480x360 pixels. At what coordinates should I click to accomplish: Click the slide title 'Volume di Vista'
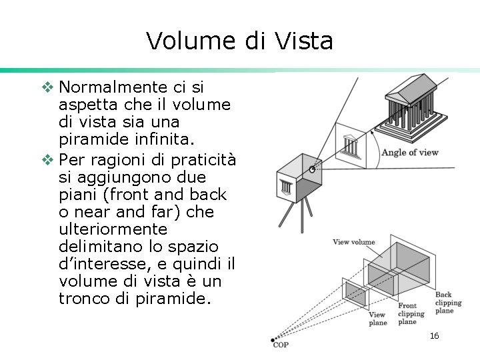pos(239,41)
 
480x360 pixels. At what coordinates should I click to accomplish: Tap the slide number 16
pos(434,336)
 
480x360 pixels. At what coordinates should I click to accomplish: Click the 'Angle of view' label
pos(409,153)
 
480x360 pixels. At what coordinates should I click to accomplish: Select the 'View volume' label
pos(353,242)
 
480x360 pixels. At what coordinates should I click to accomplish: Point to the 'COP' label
pos(281,345)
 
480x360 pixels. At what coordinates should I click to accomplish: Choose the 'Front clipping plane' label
pos(411,313)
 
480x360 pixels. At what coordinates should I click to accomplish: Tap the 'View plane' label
pos(377,319)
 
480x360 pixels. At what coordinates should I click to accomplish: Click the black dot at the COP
pos(273,340)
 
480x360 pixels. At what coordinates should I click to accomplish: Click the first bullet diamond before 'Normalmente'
pos(47,87)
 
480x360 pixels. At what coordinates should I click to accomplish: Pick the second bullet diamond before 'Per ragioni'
pos(47,159)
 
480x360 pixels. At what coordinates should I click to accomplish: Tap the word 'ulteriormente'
pos(113,230)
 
